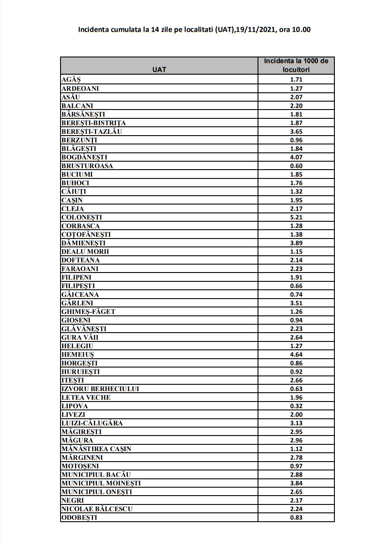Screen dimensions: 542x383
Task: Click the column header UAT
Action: point(159,69)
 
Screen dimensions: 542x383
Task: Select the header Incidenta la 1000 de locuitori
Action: point(296,65)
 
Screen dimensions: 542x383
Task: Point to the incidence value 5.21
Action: point(296,217)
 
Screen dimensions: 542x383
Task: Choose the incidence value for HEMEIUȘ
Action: point(296,354)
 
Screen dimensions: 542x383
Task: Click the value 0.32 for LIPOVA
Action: point(296,406)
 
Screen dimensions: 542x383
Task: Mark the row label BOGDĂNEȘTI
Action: point(84,157)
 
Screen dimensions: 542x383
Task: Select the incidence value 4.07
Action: point(296,157)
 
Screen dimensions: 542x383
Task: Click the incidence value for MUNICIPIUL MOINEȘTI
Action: point(296,483)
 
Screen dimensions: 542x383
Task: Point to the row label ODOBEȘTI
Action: point(79,517)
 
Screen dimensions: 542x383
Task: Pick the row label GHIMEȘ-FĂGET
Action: point(88,311)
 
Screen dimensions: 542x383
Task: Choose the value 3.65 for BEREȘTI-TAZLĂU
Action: point(296,132)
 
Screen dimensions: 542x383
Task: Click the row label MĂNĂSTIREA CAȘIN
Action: point(96,449)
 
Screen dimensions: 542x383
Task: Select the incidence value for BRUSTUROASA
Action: point(296,166)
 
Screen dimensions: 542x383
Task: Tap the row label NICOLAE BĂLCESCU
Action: point(97,508)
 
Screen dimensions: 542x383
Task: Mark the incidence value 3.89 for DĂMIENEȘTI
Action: point(296,243)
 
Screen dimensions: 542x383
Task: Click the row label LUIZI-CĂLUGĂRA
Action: point(92,423)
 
